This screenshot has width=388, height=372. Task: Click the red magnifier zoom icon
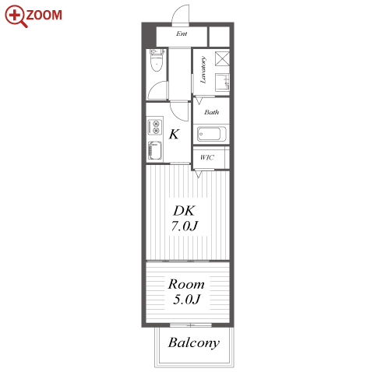[x=16, y=16]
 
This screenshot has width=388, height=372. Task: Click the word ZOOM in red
[x=44, y=15]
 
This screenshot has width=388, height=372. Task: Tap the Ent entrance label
[x=182, y=33]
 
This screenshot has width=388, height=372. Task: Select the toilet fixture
[x=157, y=60]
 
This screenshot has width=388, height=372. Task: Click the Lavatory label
[x=203, y=70]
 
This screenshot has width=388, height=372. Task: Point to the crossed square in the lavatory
[x=222, y=58]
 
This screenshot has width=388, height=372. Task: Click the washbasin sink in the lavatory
[x=222, y=82]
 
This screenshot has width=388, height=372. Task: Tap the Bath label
[x=211, y=112]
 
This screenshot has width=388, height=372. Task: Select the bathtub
[x=211, y=134]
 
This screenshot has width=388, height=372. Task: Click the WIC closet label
[x=207, y=157]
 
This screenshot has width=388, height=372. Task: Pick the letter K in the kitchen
[x=174, y=134]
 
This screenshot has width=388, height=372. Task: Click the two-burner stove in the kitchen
[x=155, y=127]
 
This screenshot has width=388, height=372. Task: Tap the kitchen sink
[x=155, y=150]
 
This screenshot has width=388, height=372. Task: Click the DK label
[x=184, y=211]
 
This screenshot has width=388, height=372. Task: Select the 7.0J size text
[x=185, y=226]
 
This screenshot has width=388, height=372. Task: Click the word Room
[x=186, y=284]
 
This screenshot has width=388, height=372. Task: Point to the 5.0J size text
[x=186, y=299]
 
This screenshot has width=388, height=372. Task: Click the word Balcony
[x=194, y=343]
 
